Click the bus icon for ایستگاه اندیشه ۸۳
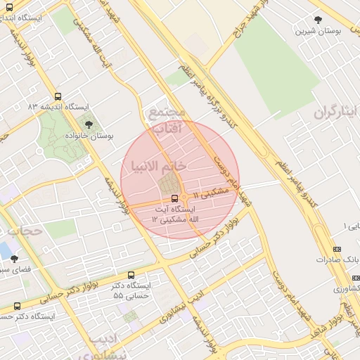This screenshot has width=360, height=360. coord(58,96)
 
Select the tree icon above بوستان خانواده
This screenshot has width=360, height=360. coord(88,124)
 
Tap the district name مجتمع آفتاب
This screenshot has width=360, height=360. coord(165,120)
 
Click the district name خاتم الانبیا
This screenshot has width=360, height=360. coord(158,165)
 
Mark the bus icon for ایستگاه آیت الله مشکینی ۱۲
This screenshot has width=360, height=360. coord(174,198)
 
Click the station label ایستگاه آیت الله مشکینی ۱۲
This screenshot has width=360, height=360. coord(173,214)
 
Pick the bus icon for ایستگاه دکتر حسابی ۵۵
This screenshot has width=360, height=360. coord(131,275)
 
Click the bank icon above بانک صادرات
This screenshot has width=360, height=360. coord(337,249)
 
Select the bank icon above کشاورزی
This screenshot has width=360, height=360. coord(337,278)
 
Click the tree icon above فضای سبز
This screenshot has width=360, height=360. coord(14,259)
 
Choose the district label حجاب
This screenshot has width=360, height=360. coord(21,230)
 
